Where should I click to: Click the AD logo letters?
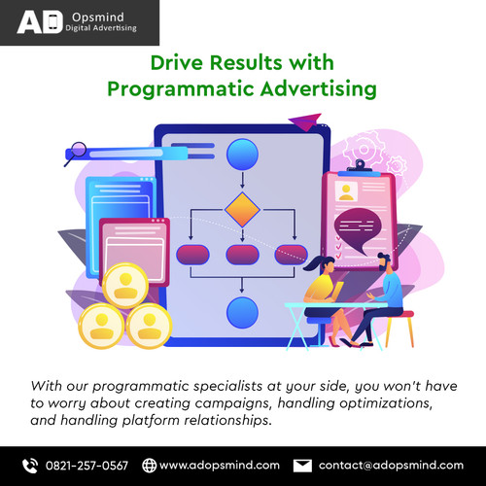point(42,22)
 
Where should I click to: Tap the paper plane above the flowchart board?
point(308,121)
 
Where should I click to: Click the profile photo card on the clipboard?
point(348,187)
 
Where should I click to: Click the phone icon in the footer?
point(30,465)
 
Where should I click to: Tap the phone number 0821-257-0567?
point(87,465)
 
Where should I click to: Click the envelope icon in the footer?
point(302,465)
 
